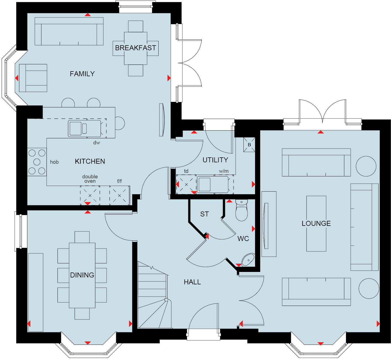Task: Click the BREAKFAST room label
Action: [x=135, y=48]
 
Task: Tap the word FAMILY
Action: [x=82, y=74]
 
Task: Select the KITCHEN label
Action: [x=90, y=162]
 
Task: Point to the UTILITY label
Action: [x=215, y=160]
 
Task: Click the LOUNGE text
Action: [x=316, y=224]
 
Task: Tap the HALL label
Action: [x=192, y=282]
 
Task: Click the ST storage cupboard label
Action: [x=204, y=214]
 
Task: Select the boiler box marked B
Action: [x=249, y=145]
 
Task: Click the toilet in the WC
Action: [x=242, y=211]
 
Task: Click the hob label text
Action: [x=54, y=162]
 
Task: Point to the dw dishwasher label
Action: [x=96, y=143]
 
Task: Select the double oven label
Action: [x=90, y=179]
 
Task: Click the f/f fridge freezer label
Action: [x=119, y=181]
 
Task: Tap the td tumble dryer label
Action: [x=186, y=171]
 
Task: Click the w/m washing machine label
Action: [x=224, y=171]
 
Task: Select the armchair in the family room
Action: [x=33, y=78]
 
